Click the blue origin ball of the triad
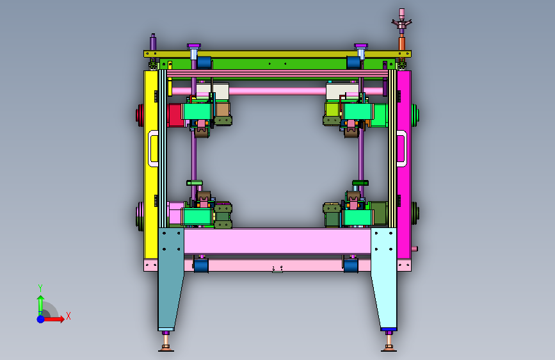(x=41, y=319)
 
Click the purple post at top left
(x=153, y=42)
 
